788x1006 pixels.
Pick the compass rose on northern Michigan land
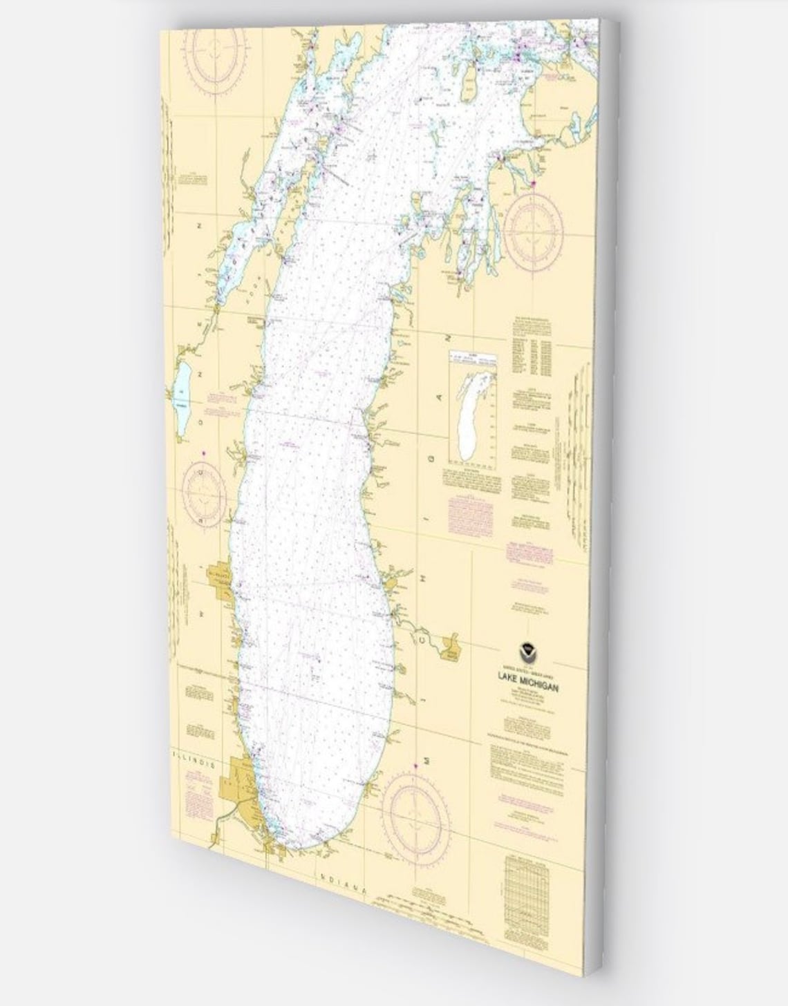tap(532, 228)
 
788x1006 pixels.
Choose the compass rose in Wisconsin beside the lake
tap(203, 493)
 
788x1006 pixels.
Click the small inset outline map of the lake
tap(473, 408)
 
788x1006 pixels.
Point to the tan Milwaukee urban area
tap(221, 578)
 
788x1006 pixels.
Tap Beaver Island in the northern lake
tap(471, 77)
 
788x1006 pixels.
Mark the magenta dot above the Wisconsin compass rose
tap(203, 453)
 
